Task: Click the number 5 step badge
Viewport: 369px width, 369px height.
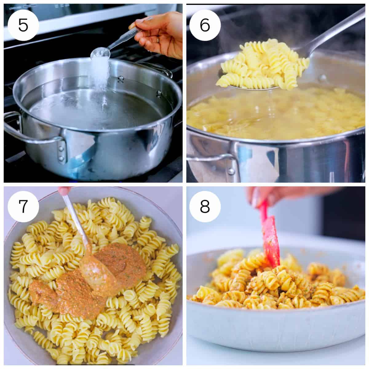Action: [x=23, y=25]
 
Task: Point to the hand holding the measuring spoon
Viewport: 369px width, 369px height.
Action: [x=160, y=34]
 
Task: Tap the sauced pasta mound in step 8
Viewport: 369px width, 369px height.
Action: [x=271, y=286]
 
